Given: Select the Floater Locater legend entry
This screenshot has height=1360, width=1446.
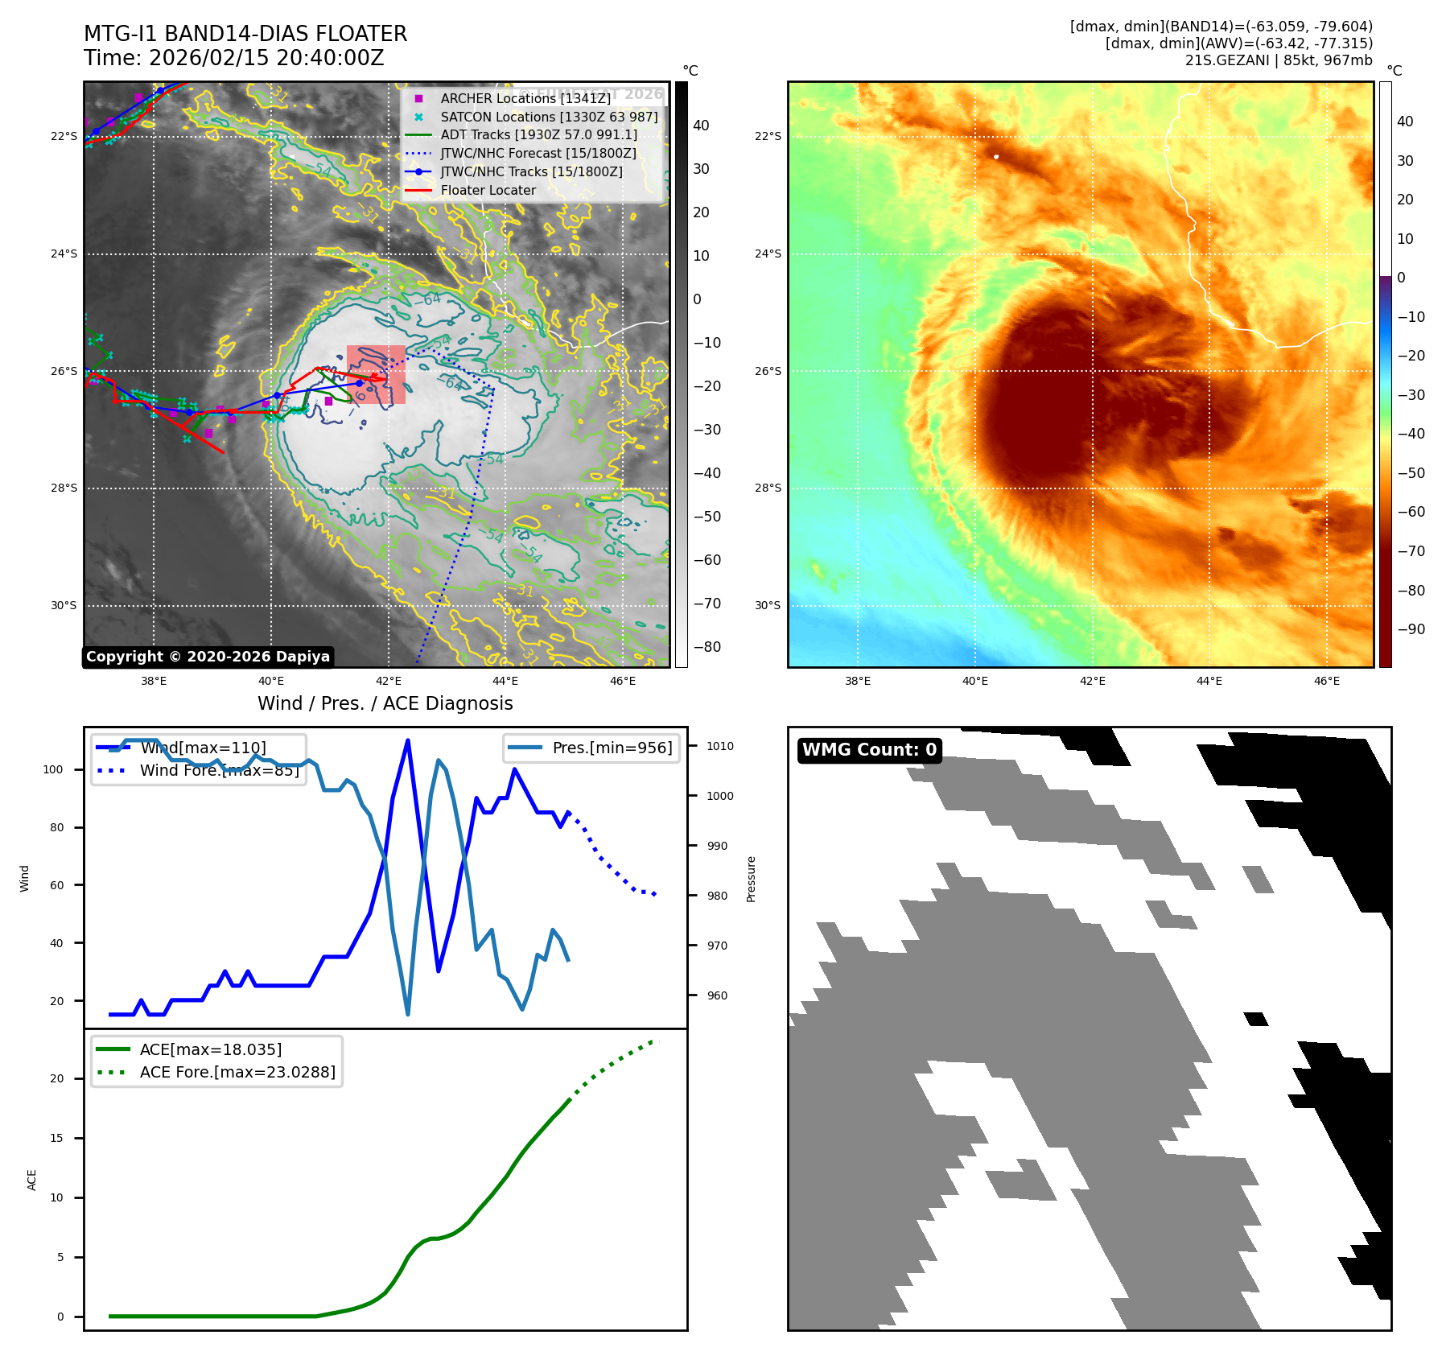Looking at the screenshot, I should [x=488, y=191].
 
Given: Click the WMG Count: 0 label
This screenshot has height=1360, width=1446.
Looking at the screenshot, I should [x=869, y=750].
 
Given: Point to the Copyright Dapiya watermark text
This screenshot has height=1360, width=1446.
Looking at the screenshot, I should [x=208, y=657].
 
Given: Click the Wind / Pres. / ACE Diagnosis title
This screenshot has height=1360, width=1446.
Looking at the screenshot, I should [x=385, y=703].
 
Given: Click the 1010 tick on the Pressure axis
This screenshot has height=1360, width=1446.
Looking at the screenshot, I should [x=720, y=746].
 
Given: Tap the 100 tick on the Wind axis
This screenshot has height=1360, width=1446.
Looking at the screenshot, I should [x=53, y=769].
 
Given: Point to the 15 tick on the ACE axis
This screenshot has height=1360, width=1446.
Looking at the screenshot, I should [x=56, y=1138].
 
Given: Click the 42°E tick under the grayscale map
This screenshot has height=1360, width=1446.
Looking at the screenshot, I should [x=389, y=681].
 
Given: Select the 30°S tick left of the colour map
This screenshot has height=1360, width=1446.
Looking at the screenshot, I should [x=768, y=605].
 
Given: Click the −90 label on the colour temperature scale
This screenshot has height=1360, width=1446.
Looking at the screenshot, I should [x=1411, y=629].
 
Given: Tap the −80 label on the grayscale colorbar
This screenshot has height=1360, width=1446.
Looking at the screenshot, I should [x=707, y=647].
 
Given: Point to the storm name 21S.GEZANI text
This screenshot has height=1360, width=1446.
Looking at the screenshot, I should [x=1228, y=60].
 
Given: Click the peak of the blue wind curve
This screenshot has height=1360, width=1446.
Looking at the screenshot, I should [x=408, y=740].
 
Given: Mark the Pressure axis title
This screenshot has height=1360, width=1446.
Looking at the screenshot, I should [x=751, y=879].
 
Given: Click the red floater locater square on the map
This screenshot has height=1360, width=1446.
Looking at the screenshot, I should [x=376, y=374].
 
